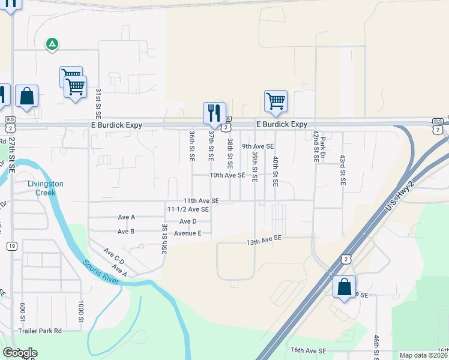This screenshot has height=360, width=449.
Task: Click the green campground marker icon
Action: click(52, 43)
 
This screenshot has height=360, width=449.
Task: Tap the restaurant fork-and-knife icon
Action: click(214, 112)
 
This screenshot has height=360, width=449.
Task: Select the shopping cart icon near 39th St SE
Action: click(276, 101)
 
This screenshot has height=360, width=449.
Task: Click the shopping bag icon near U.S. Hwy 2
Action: click(345, 286)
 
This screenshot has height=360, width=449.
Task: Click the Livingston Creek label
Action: click(45, 188)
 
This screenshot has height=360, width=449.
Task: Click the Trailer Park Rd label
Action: click(41, 331)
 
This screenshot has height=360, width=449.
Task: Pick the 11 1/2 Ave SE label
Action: click(188, 209)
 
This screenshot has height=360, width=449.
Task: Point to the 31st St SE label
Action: click(98, 103)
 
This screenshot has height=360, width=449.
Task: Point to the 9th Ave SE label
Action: click(258, 146)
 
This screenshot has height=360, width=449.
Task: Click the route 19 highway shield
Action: click(12, 246)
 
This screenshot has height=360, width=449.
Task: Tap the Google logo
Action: click(20, 353)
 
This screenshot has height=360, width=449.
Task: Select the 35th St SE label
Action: click(163, 237)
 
